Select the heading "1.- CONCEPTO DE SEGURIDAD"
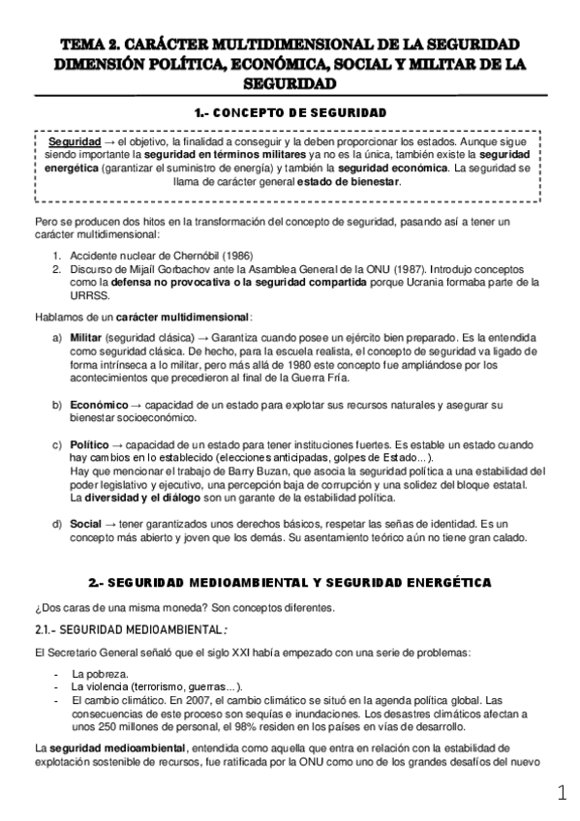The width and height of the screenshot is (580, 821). pos(290,113)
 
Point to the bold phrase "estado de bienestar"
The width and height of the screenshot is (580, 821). pos(349,181)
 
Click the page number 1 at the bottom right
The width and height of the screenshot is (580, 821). pos(563,794)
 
